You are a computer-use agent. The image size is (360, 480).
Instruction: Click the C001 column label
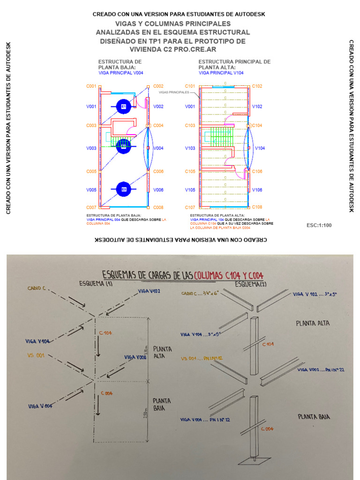(x=91, y=86)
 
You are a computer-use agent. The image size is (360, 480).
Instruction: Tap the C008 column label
(x=158, y=207)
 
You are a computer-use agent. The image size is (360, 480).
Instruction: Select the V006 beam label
(x=158, y=190)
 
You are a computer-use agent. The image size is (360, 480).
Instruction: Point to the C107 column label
(x=190, y=207)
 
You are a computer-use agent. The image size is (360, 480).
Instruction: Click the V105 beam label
(x=190, y=190)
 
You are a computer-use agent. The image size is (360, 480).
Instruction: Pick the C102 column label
(x=257, y=86)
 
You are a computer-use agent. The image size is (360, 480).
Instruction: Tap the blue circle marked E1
(x=124, y=107)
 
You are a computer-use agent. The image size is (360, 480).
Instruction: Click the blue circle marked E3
(x=124, y=189)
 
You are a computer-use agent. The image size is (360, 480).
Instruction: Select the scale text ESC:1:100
(x=319, y=225)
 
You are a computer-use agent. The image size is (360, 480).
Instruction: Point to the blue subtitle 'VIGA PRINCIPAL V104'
(x=221, y=73)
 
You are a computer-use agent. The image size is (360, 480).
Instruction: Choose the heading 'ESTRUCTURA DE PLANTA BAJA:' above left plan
(x=120, y=64)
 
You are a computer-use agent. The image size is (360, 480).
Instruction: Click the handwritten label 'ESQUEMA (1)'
(x=96, y=283)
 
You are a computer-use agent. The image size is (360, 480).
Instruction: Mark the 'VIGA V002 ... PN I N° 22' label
(x=321, y=370)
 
